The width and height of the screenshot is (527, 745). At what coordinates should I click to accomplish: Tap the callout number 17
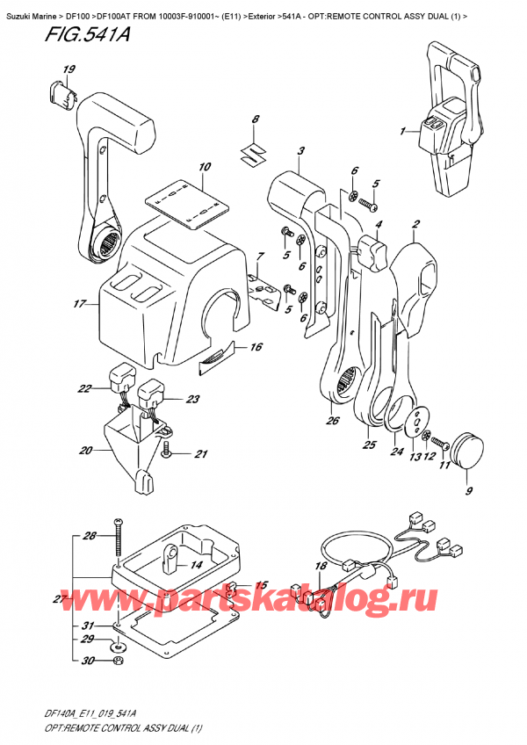pos(79,305)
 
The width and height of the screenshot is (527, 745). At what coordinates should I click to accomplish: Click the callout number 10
pos(205,167)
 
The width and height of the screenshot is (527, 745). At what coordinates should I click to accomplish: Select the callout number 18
pos(321,567)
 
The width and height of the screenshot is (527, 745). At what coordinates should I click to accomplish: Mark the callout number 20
pos(85,451)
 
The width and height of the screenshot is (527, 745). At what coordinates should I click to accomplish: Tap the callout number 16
pos(256,347)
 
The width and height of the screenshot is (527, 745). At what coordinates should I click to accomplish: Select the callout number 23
pos(192,399)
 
